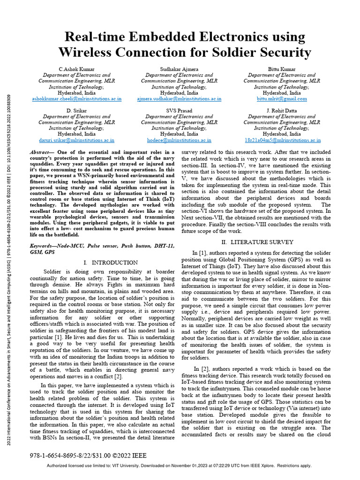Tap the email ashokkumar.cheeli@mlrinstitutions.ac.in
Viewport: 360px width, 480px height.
pos(77,99)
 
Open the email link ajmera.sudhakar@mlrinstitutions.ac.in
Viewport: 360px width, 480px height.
pos(179,99)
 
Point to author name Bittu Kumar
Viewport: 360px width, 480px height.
pos(282,69)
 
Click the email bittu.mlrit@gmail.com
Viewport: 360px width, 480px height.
pos(282,99)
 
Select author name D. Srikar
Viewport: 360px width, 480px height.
pos(77,111)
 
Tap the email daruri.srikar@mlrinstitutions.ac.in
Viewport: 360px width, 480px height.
pos(77,140)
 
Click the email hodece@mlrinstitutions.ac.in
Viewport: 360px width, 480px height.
pos(179,140)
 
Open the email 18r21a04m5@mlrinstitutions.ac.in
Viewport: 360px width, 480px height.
pos(282,140)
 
